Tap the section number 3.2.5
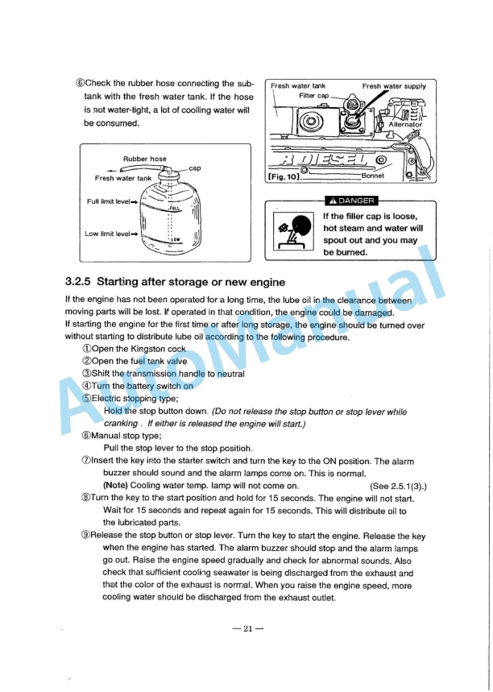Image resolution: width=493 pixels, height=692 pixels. pos(80,281)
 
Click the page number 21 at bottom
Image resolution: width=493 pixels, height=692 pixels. pos(247,628)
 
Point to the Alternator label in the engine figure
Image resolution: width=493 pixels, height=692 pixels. pos(404,125)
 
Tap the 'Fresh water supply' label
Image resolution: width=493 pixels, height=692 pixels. pos(394,85)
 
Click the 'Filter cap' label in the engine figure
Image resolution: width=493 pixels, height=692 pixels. pos(313,96)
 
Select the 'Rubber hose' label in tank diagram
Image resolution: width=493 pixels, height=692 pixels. pos(144,159)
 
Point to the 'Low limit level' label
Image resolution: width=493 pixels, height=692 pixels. pos(108,234)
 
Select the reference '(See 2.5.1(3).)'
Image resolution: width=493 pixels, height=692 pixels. pos(397,486)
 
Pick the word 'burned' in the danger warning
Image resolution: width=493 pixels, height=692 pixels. pos(350,252)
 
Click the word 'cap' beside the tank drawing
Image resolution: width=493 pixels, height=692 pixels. pos(194,168)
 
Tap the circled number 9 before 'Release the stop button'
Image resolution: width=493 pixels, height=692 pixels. pos(85,535)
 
